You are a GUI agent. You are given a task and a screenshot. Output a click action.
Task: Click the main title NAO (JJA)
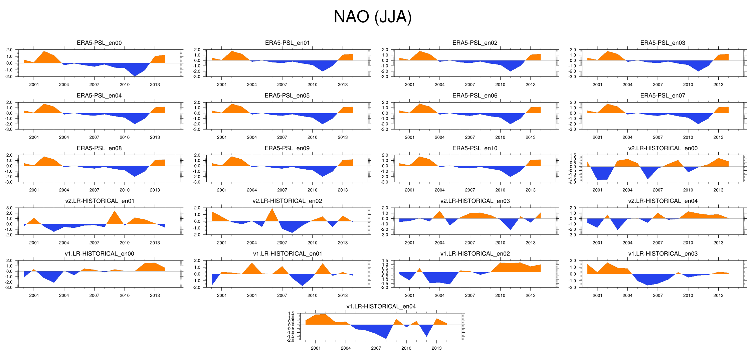(x=372, y=17)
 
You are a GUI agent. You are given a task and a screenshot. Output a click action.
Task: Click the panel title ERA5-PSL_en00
(x=99, y=43)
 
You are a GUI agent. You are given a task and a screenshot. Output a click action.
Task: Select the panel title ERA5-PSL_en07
(x=663, y=96)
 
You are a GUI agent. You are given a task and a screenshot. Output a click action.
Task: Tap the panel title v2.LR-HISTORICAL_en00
(x=663, y=148)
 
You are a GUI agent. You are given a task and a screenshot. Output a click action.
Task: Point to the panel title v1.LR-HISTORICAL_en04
(x=381, y=306)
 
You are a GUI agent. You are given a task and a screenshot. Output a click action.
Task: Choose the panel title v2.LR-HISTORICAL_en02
(x=287, y=201)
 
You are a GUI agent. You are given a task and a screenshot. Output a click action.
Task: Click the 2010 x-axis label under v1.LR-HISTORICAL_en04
(x=406, y=348)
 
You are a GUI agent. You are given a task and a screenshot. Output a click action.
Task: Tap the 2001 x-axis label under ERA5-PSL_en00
(x=34, y=84)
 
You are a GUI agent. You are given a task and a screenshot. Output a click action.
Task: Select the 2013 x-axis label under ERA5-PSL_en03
(x=718, y=84)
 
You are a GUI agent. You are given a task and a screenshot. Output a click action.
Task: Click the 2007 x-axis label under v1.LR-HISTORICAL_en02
(x=470, y=296)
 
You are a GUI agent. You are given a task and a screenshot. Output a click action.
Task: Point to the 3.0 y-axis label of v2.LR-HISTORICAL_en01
(x=9, y=208)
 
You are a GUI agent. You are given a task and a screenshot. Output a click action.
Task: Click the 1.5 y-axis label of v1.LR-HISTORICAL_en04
(x=291, y=313)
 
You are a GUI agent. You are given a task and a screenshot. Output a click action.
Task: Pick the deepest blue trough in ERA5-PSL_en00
(x=135, y=75)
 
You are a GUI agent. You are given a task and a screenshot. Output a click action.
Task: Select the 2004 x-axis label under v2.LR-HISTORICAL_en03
(x=439, y=243)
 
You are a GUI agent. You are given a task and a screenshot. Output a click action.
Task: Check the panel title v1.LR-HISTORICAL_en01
(x=287, y=254)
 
